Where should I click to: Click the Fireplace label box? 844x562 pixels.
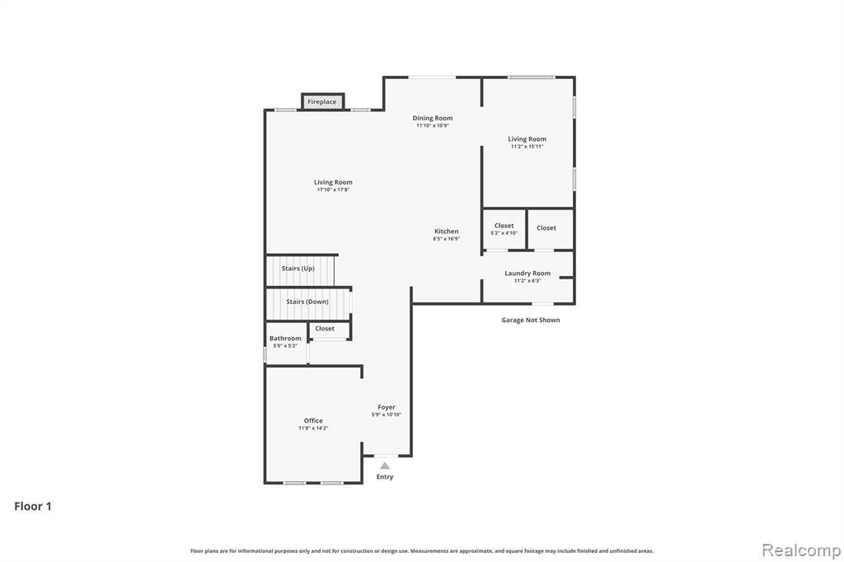(322, 101)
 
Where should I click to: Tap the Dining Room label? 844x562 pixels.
(432, 118)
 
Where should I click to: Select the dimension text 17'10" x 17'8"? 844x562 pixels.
(333, 190)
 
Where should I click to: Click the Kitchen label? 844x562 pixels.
(446, 231)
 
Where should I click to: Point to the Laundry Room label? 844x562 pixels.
(527, 273)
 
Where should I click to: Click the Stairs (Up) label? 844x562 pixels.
(298, 268)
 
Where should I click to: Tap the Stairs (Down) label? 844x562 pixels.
(307, 302)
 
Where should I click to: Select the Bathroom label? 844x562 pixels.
(285, 338)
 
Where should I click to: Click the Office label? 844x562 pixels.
(313, 420)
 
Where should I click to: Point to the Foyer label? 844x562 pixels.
(387, 407)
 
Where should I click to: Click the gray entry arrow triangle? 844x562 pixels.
(384, 466)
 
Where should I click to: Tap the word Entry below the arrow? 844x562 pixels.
(385, 476)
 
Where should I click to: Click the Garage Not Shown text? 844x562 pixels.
(531, 320)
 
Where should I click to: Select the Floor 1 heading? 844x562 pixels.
(33, 506)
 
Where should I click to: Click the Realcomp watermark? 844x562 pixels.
(801, 550)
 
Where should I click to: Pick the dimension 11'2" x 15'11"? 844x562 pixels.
(527, 146)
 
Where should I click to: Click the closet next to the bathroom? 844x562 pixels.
(325, 328)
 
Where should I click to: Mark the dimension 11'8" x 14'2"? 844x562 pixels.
(313, 428)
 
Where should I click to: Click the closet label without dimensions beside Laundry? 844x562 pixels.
(546, 227)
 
